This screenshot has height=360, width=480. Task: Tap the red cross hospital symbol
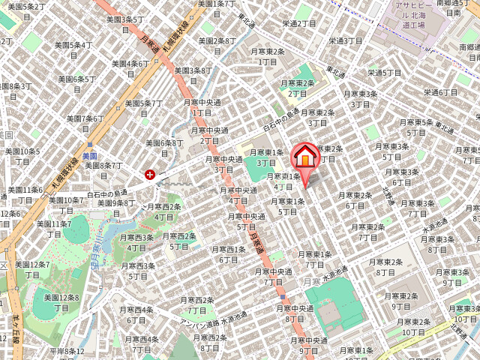click(151, 175)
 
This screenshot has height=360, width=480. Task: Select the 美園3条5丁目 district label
click(125, 25)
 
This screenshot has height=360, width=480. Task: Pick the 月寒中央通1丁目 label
click(202, 107)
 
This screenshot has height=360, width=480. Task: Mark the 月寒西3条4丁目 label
click(136, 242)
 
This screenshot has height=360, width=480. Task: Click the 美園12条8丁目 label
click(55, 302)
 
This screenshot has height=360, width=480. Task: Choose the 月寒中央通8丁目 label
click(295, 313)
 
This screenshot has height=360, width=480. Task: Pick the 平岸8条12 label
click(67, 351)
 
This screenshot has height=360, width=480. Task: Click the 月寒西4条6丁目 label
click(136, 314)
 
